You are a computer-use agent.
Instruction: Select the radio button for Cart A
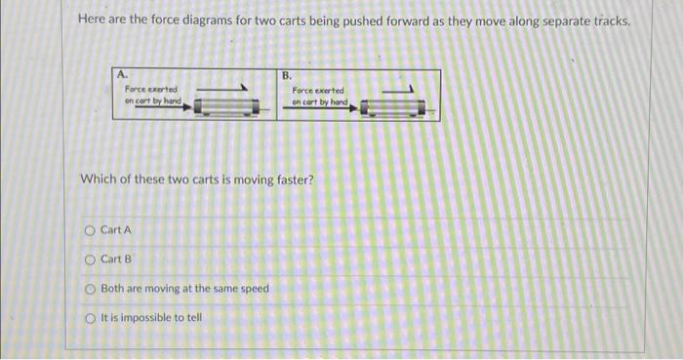[x=90, y=230]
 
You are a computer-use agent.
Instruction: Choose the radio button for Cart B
[x=90, y=260]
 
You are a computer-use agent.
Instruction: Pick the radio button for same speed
[x=90, y=289]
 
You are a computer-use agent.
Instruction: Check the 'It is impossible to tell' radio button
[x=90, y=317]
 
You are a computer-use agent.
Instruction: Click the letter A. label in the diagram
[x=122, y=74]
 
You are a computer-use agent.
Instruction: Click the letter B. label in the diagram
[x=287, y=75]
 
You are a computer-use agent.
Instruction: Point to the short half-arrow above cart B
[x=401, y=89]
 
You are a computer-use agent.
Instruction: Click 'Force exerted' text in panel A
[x=149, y=89]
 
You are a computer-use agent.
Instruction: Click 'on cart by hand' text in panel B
[x=318, y=101]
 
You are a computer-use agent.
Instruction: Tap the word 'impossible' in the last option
[x=157, y=317]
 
